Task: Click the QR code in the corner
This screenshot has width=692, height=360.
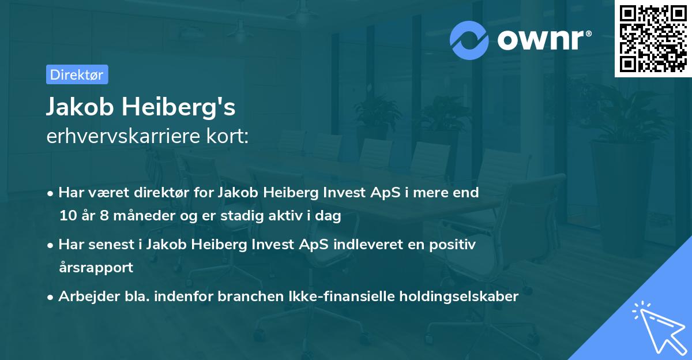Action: point(653,38)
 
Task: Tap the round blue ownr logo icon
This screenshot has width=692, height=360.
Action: point(469,40)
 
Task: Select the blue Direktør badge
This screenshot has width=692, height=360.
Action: point(77,74)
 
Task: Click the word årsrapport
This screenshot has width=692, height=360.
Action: point(96,268)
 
